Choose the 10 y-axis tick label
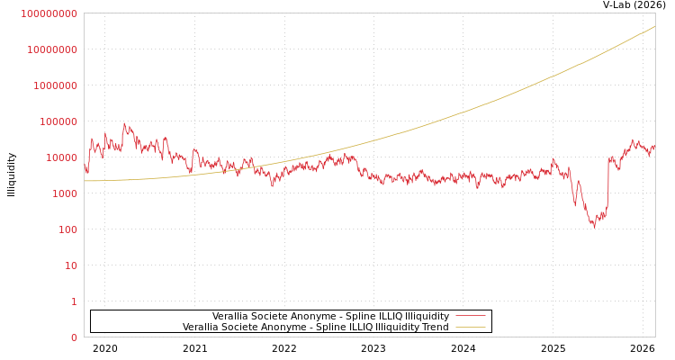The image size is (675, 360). [x=69, y=265]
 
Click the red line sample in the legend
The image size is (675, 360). [x=470, y=316]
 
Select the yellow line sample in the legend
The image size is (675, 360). [x=470, y=327]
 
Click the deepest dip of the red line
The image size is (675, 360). [x=593, y=227]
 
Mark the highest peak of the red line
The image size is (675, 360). [x=124, y=123]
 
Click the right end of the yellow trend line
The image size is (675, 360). [x=654, y=26]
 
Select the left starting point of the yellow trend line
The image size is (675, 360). [x=85, y=181]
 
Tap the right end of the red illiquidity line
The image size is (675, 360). [x=654, y=146]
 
